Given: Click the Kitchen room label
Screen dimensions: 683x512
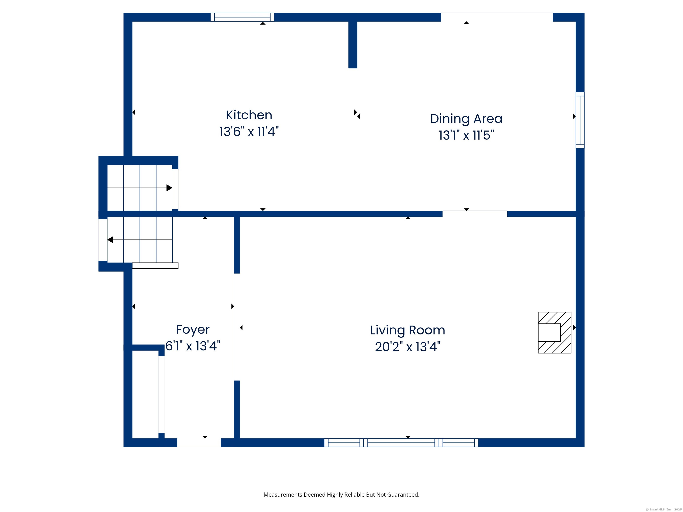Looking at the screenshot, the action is [x=249, y=115].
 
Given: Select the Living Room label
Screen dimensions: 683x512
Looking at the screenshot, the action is [x=408, y=330].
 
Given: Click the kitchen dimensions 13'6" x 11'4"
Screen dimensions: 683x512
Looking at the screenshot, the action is [x=249, y=132].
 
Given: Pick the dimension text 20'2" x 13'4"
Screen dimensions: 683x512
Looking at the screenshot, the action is [x=408, y=347].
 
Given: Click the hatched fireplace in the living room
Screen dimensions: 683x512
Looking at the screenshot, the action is [x=554, y=332].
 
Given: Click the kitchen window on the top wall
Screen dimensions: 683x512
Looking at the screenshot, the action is [x=242, y=17].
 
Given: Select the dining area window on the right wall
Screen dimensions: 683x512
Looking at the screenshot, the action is [x=580, y=120].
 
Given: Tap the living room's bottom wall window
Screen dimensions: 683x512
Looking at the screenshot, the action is [x=401, y=443].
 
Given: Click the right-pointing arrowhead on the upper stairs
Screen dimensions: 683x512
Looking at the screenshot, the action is [x=169, y=188].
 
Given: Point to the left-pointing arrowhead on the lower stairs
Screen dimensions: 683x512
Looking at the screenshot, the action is [x=110, y=240].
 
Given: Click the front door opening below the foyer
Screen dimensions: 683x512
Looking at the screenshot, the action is [x=199, y=443].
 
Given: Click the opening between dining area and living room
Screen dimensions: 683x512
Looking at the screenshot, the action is [x=475, y=214].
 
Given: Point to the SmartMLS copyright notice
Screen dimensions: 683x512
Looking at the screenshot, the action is [x=663, y=510].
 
